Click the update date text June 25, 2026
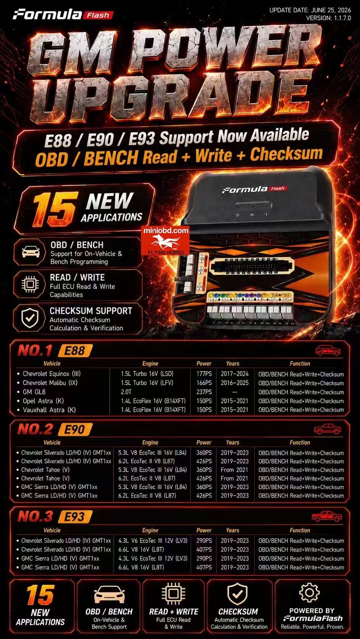331,10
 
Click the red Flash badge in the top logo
98,15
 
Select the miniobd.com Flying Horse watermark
165,241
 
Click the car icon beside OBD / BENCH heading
31,251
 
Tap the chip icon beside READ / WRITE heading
30,284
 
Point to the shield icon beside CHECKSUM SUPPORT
30,318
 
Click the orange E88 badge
75,350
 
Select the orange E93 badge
75,517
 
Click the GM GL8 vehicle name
34,392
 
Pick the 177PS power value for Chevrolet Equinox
204,374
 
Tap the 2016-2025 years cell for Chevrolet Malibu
235,383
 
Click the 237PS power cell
204,392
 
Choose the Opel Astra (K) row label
43,401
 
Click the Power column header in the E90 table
204,443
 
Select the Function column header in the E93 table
300,530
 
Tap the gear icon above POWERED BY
309,593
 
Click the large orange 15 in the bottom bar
41,595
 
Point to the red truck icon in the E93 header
327,517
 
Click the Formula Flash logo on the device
255,189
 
